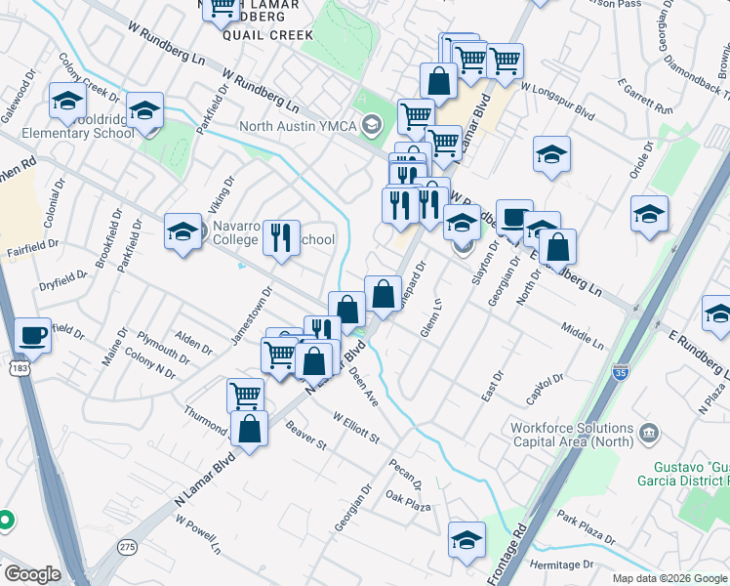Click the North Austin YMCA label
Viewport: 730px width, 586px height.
click(x=301, y=125)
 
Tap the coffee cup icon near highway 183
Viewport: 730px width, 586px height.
click(x=33, y=335)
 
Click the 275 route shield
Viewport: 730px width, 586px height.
click(x=127, y=548)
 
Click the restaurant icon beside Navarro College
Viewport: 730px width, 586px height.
click(x=280, y=238)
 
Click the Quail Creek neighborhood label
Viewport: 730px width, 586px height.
click(x=267, y=35)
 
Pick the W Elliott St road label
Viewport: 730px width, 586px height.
click(x=356, y=427)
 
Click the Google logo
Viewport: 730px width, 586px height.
click(x=31, y=574)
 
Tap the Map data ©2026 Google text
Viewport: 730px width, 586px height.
click(x=669, y=578)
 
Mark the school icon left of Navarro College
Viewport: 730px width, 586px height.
click(x=182, y=232)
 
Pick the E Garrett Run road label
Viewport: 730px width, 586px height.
click(x=647, y=100)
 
